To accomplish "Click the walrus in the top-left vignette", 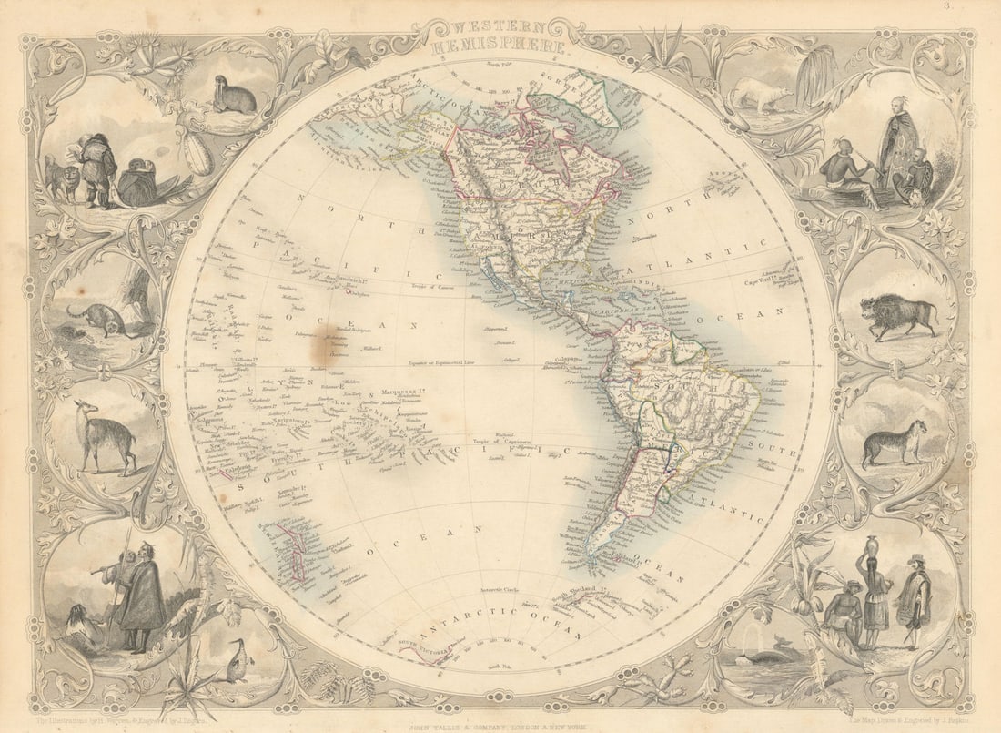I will (x=234, y=97).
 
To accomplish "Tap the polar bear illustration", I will (x=760, y=93).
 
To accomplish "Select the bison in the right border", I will (x=899, y=315).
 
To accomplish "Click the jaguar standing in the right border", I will (x=895, y=443).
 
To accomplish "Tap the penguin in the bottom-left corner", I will (x=237, y=662).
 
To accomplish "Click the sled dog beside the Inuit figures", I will (x=60, y=179).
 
